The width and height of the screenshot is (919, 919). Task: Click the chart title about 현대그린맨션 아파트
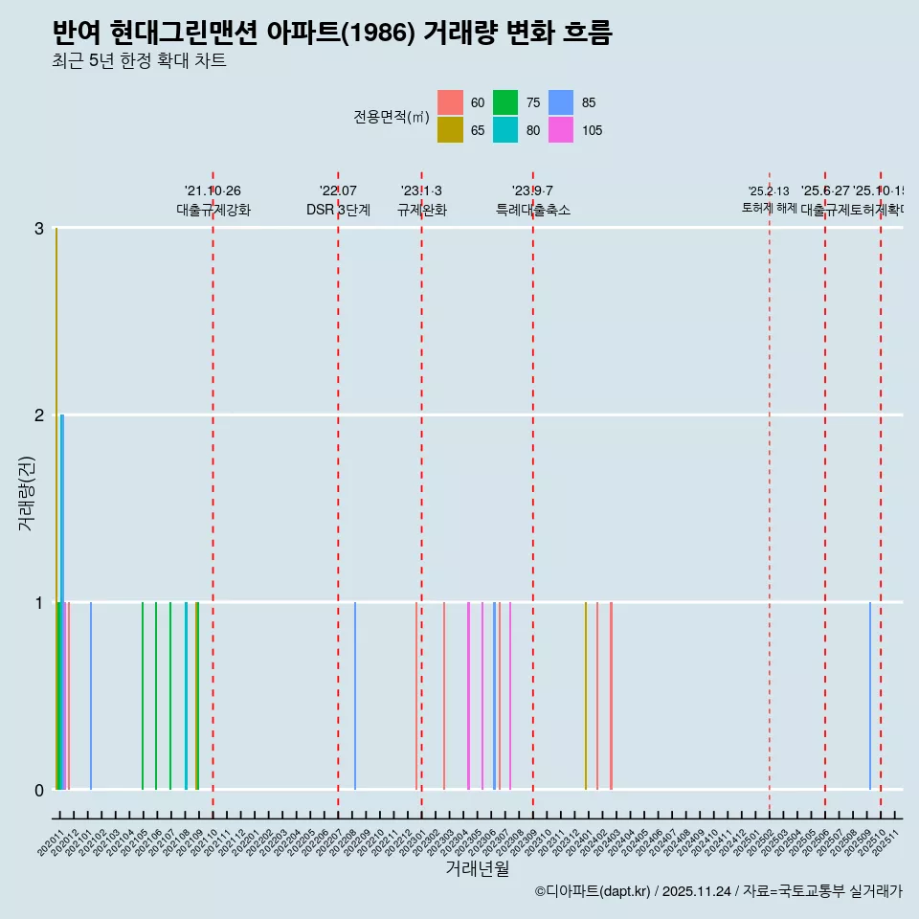pyautogui.click(x=332, y=34)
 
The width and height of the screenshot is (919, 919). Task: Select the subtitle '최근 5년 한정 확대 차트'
pyautogui.click(x=139, y=61)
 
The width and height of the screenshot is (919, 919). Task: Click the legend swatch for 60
pyautogui.click(x=450, y=102)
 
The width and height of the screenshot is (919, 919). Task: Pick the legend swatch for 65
pyautogui.click(x=450, y=130)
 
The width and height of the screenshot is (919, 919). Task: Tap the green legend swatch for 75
pyautogui.click(x=505, y=102)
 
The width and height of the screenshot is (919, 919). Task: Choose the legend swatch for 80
pyautogui.click(x=505, y=130)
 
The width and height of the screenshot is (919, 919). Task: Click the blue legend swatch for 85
pyautogui.click(x=561, y=102)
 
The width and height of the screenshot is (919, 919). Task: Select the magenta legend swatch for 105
pyautogui.click(x=561, y=130)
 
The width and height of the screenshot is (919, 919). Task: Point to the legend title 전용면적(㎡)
pyautogui.click(x=391, y=117)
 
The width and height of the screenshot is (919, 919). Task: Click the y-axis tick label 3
pyautogui.click(x=39, y=228)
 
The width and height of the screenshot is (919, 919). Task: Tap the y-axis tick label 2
pyautogui.click(x=39, y=415)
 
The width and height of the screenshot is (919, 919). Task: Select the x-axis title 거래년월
pyautogui.click(x=477, y=868)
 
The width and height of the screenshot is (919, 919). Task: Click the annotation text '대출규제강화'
pyautogui.click(x=213, y=210)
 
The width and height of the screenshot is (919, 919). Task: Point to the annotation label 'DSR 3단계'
pyautogui.click(x=338, y=210)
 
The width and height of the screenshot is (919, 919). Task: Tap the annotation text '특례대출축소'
pyautogui.click(x=532, y=210)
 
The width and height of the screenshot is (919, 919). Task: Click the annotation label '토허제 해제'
pyautogui.click(x=769, y=208)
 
